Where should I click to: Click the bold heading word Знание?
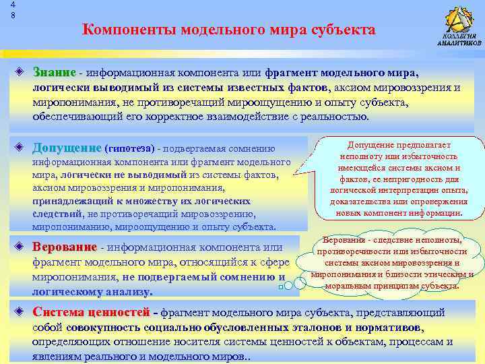tap(53, 72)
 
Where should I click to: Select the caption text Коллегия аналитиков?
tap(459, 40)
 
